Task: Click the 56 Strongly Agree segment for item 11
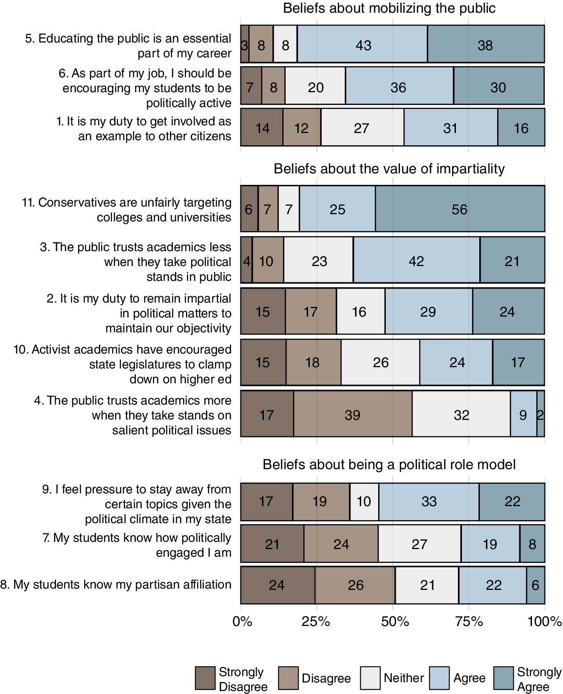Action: [460, 209]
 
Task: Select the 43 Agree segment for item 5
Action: [362, 45]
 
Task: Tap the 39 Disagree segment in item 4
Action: [353, 414]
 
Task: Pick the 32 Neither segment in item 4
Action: [461, 414]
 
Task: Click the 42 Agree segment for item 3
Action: [416, 261]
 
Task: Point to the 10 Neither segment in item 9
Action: [364, 501]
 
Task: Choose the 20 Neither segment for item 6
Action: [315, 87]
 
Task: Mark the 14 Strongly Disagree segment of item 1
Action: [262, 127]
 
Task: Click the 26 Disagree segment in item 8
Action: [355, 585]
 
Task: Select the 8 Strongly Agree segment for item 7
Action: [532, 544]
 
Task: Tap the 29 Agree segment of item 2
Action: [428, 312]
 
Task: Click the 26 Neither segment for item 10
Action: [380, 362]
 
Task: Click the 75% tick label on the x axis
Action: [469, 621]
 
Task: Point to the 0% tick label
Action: [243, 621]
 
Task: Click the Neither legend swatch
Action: [370, 678]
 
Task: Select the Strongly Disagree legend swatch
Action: [205, 678]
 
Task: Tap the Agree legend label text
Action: [469, 678]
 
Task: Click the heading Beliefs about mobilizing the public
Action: [389, 8]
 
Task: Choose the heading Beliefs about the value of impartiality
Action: [389, 169]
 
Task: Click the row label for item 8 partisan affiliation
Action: [116, 584]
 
